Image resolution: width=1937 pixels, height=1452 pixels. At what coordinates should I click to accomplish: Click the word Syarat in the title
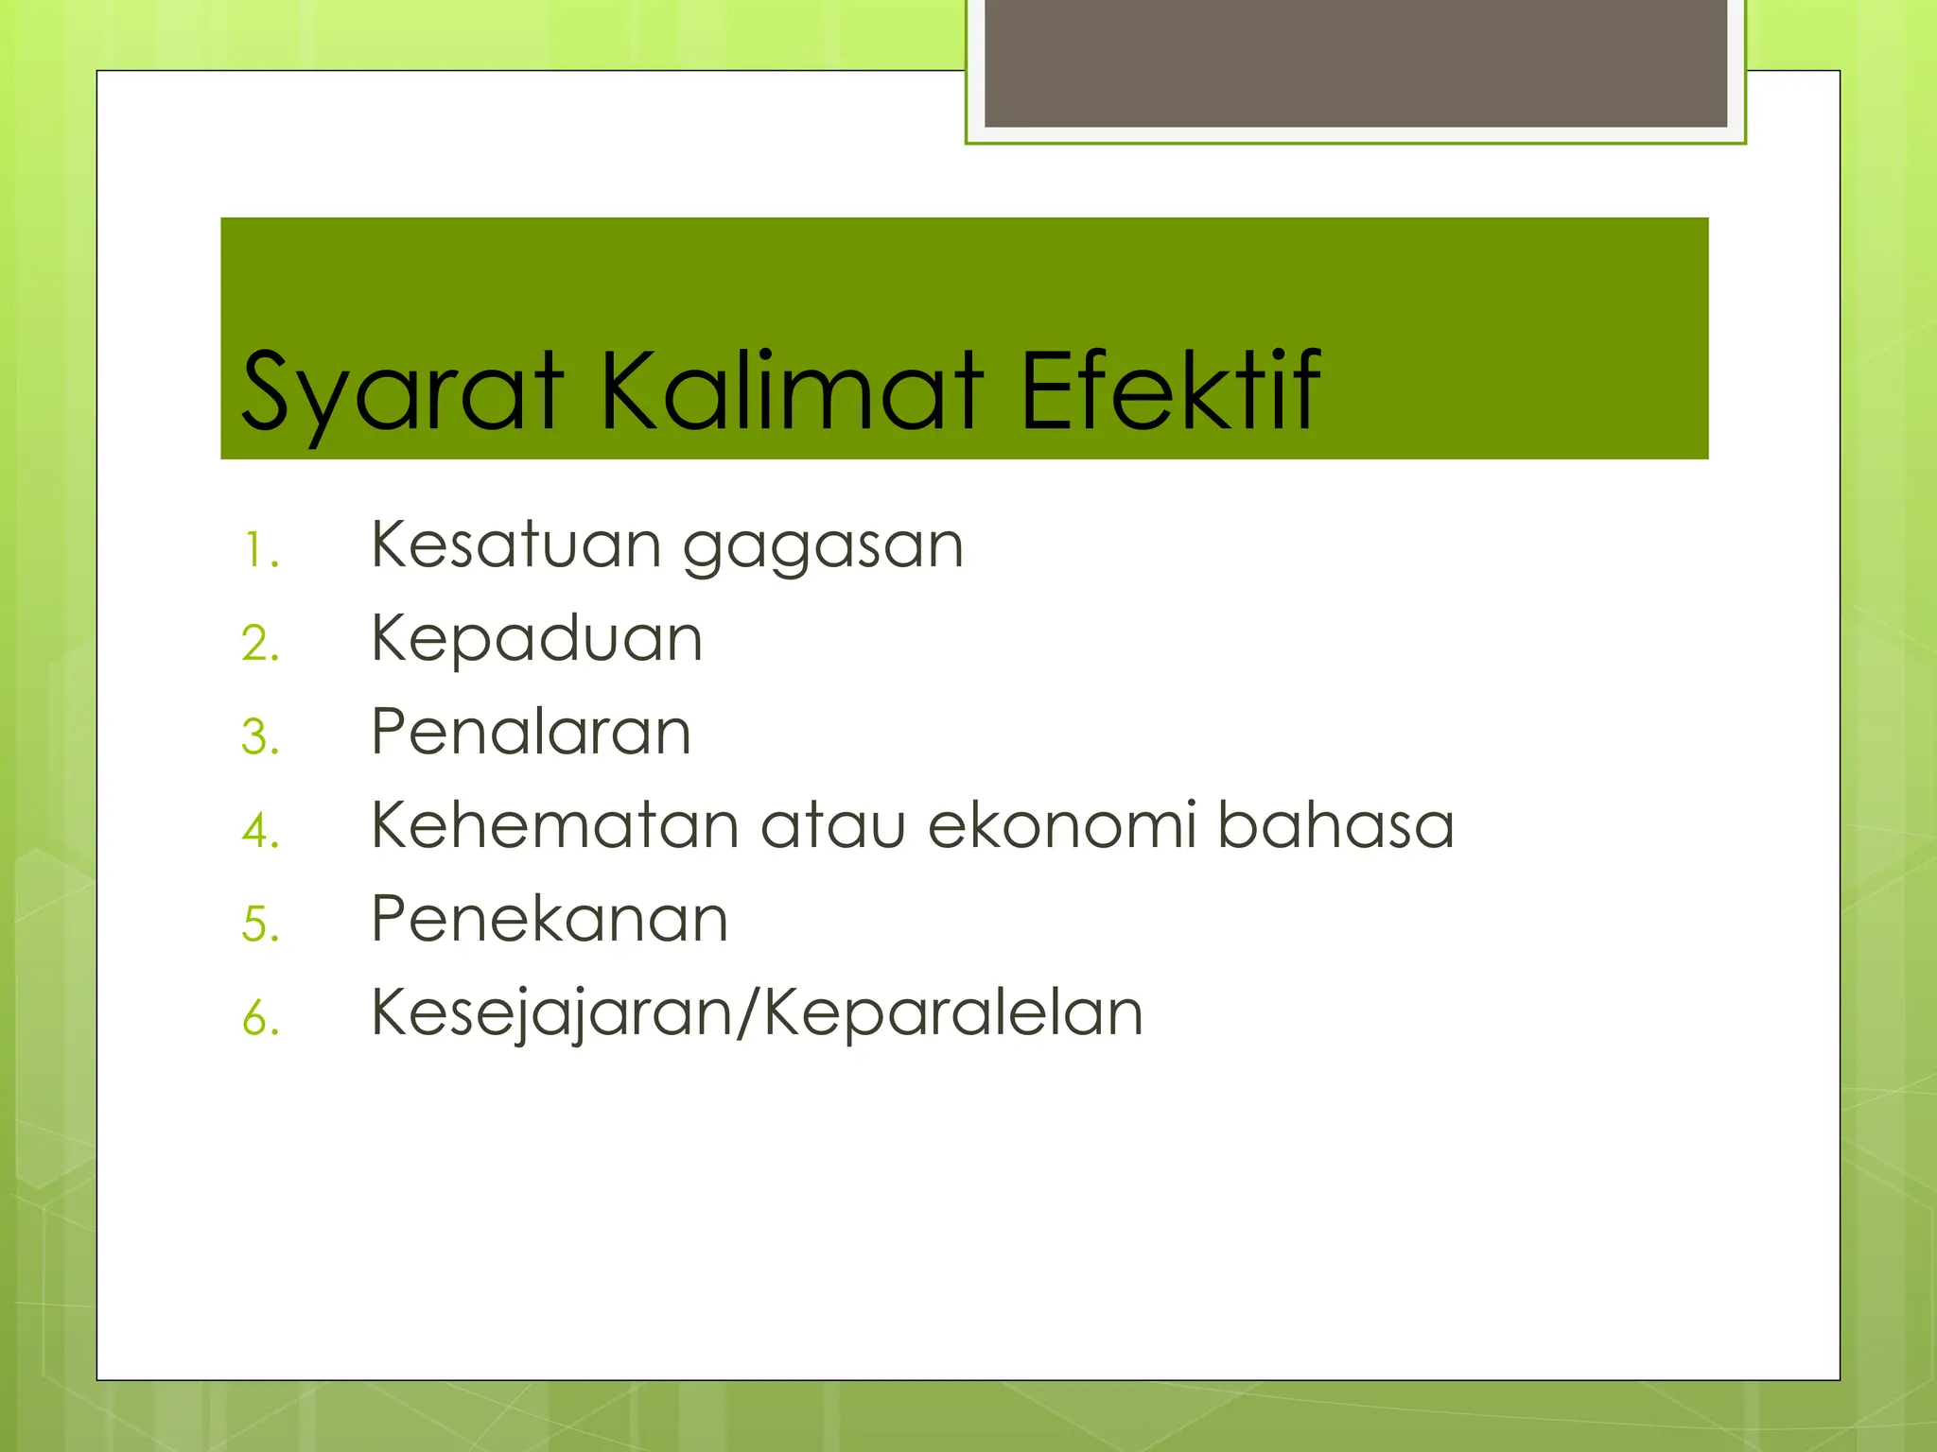click(x=401, y=392)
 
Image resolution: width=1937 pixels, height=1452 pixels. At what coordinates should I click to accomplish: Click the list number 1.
click(x=258, y=551)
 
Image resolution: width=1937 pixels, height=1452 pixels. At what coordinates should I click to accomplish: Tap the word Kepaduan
click(x=536, y=640)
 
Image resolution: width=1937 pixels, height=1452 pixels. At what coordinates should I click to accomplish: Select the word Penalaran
click(x=531, y=732)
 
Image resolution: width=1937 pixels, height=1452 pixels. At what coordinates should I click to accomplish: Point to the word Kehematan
click(x=554, y=824)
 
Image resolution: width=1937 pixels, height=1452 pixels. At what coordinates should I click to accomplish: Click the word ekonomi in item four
click(x=1061, y=824)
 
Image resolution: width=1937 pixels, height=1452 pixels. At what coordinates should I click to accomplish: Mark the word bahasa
click(x=1335, y=824)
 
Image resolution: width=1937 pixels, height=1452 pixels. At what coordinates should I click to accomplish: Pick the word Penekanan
click(x=550, y=918)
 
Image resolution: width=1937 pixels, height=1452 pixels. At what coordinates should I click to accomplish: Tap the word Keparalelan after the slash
click(x=953, y=1013)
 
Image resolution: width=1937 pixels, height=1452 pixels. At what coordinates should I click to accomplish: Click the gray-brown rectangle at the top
click(x=1355, y=62)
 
